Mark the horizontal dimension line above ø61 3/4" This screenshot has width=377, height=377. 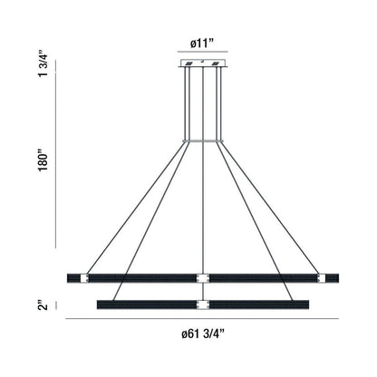(201, 321)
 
